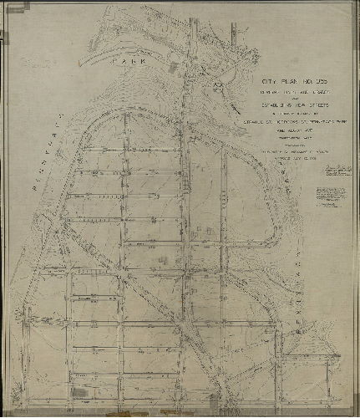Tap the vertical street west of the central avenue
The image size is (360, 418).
coord(124,251)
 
